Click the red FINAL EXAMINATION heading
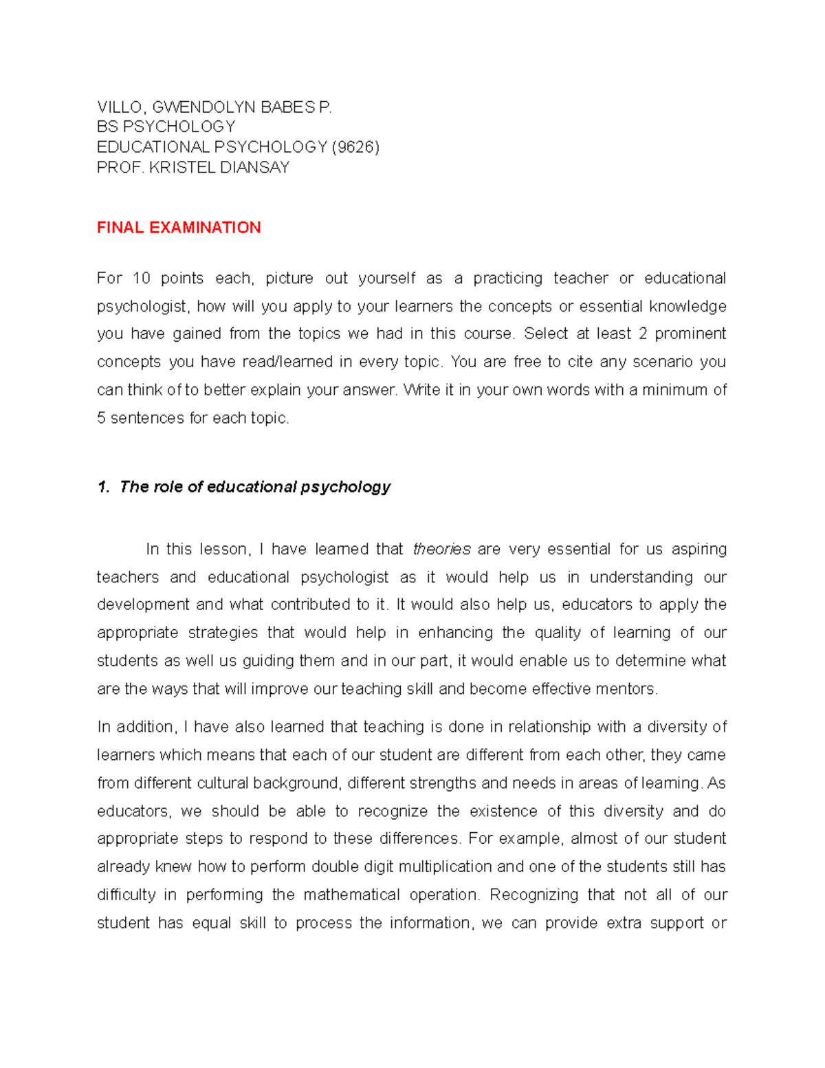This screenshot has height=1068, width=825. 179,228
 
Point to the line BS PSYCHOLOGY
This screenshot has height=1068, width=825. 166,127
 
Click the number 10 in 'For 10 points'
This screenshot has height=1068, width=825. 141,279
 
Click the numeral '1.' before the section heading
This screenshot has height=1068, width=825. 103,488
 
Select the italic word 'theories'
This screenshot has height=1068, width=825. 441,549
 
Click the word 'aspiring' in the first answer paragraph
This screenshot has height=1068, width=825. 698,549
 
